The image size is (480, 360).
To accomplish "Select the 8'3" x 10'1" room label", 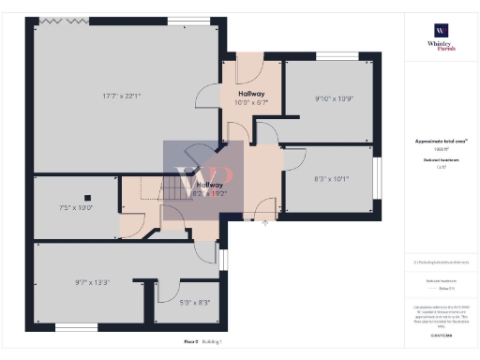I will click(330, 178).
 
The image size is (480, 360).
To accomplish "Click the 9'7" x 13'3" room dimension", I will click(92, 281).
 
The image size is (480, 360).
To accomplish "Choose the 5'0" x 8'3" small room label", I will click(195, 303).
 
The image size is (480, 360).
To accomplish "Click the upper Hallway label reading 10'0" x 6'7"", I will click(249, 97).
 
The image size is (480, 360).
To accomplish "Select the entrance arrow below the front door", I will click(265, 223).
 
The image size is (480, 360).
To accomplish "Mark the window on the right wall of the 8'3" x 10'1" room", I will click(381, 178).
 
